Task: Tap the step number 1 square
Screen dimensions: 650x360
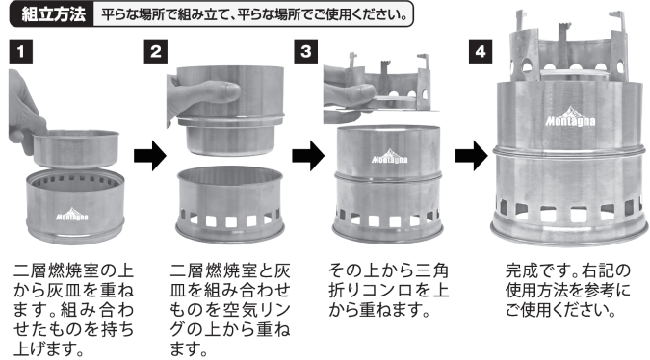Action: coord(21,52)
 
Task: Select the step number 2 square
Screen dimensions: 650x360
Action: coord(156,52)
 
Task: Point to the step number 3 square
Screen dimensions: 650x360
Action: coord(306,52)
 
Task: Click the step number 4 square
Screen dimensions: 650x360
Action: coord(481,52)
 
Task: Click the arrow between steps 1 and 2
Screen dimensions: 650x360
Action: coord(150,156)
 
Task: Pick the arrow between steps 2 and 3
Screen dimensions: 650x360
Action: coord(308,156)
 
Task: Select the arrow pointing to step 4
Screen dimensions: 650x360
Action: coord(472,156)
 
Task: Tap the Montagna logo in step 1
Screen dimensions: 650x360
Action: coord(71,214)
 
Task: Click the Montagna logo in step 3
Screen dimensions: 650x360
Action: coord(389,157)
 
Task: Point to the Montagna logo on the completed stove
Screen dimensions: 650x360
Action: coord(570,117)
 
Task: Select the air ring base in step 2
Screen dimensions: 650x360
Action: coord(230,205)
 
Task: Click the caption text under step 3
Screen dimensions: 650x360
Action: coord(388,291)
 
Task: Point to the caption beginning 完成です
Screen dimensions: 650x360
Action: coord(567,291)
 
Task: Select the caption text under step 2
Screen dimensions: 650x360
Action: coord(230,310)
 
